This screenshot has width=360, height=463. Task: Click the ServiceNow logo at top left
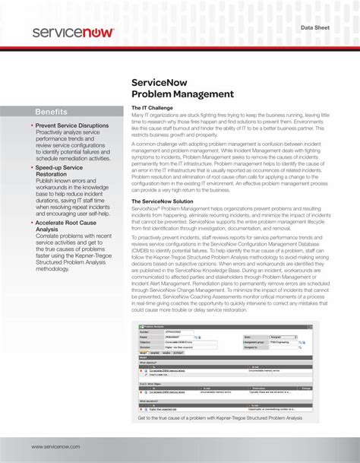(73, 33)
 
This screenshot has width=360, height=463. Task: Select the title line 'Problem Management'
(182, 94)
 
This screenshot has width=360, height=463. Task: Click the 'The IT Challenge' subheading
(154, 108)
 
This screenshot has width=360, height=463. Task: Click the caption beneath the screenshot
(219, 417)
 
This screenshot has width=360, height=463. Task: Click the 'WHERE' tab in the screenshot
(155, 353)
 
